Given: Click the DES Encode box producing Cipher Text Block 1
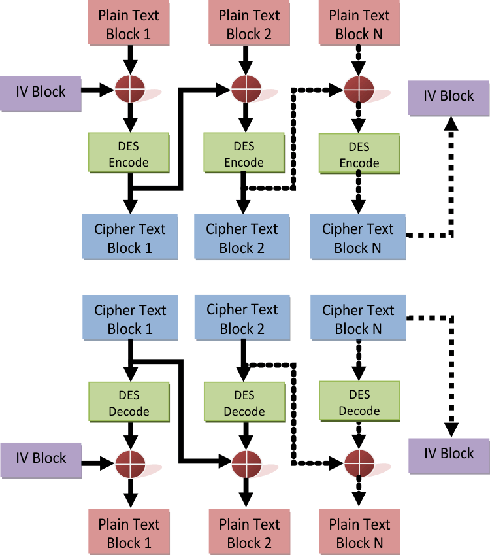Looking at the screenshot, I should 129,154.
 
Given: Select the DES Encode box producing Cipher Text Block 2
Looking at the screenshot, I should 244,154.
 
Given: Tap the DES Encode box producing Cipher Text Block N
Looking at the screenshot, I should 359,154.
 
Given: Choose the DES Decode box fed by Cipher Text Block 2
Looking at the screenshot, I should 244,403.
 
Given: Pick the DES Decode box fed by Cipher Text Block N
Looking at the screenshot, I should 359,403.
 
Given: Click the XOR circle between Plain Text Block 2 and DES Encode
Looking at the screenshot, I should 244,89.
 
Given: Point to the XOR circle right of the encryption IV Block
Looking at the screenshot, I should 129,90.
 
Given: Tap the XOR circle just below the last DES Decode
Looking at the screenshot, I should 359,463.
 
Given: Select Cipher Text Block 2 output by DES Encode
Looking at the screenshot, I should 242,238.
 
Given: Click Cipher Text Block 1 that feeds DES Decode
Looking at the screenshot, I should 130,319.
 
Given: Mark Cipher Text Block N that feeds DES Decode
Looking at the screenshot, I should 358,319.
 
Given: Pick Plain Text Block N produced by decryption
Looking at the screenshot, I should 359,533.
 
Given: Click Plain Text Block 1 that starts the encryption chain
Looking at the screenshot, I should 129,24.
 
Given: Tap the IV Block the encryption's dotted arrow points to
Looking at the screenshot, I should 448,96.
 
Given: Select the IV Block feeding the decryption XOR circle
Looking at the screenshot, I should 41,458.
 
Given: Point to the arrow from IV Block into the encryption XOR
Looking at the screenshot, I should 99,90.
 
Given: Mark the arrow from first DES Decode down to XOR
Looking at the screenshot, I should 130,435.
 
